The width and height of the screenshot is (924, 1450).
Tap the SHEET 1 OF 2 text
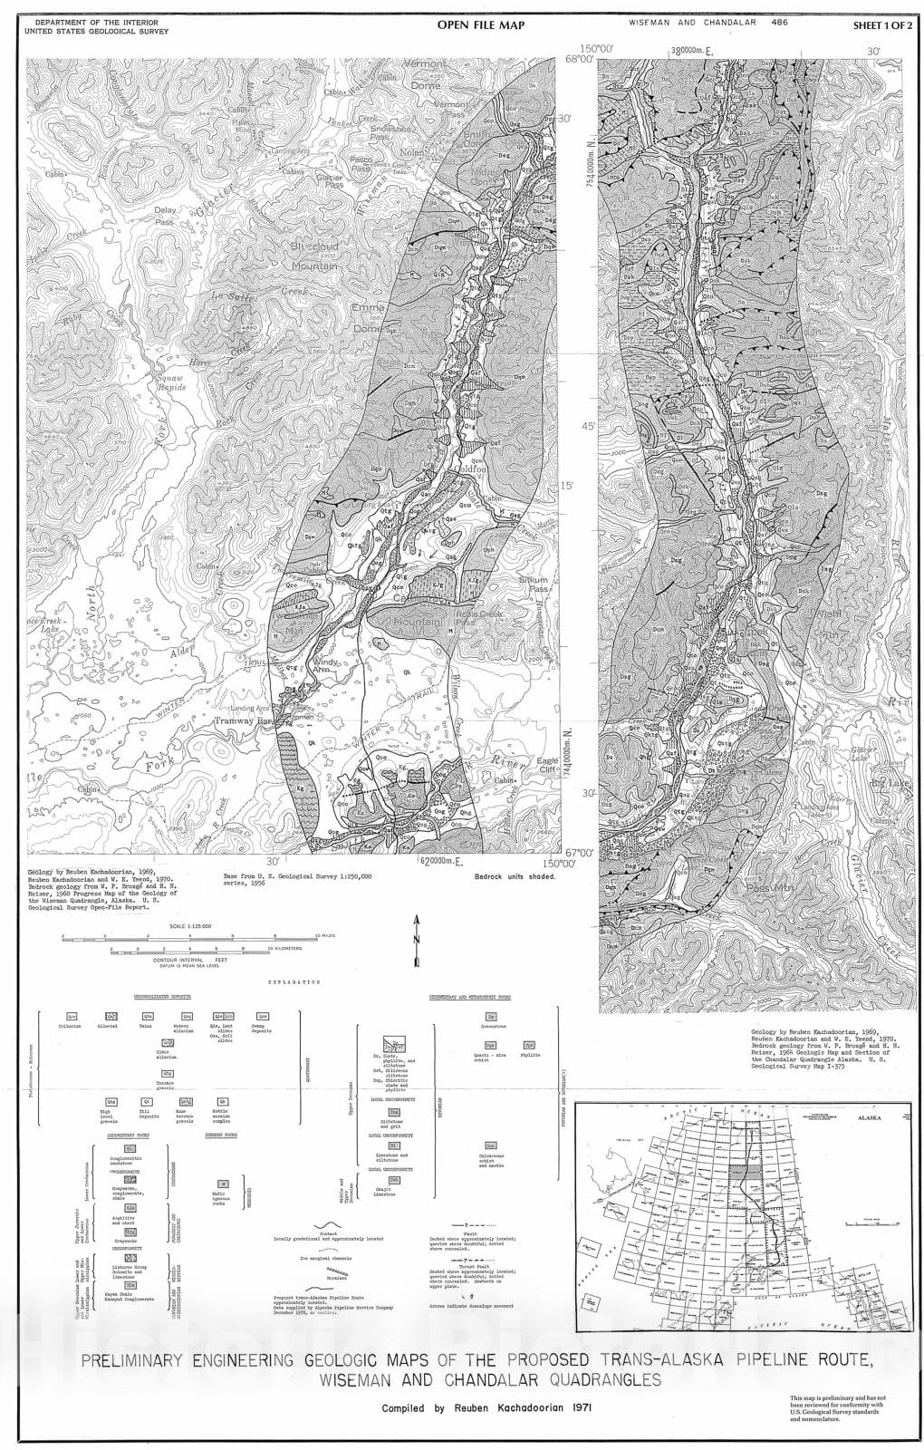tap(882, 27)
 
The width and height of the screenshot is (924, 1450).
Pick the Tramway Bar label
tap(244, 722)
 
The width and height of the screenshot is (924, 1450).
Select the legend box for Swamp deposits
tap(263, 1017)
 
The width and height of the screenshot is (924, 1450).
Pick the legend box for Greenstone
tap(490, 1017)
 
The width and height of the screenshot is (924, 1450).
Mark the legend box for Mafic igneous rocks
tap(223, 1183)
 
